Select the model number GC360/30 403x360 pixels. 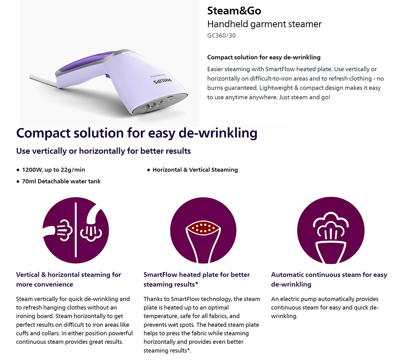point(221,35)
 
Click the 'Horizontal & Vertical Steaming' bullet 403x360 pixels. point(195,170)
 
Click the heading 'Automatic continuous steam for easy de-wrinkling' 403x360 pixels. point(329,279)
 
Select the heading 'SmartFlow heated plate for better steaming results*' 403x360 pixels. point(196,279)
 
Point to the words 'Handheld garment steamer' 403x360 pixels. point(264,24)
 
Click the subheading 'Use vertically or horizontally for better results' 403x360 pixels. point(103,151)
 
